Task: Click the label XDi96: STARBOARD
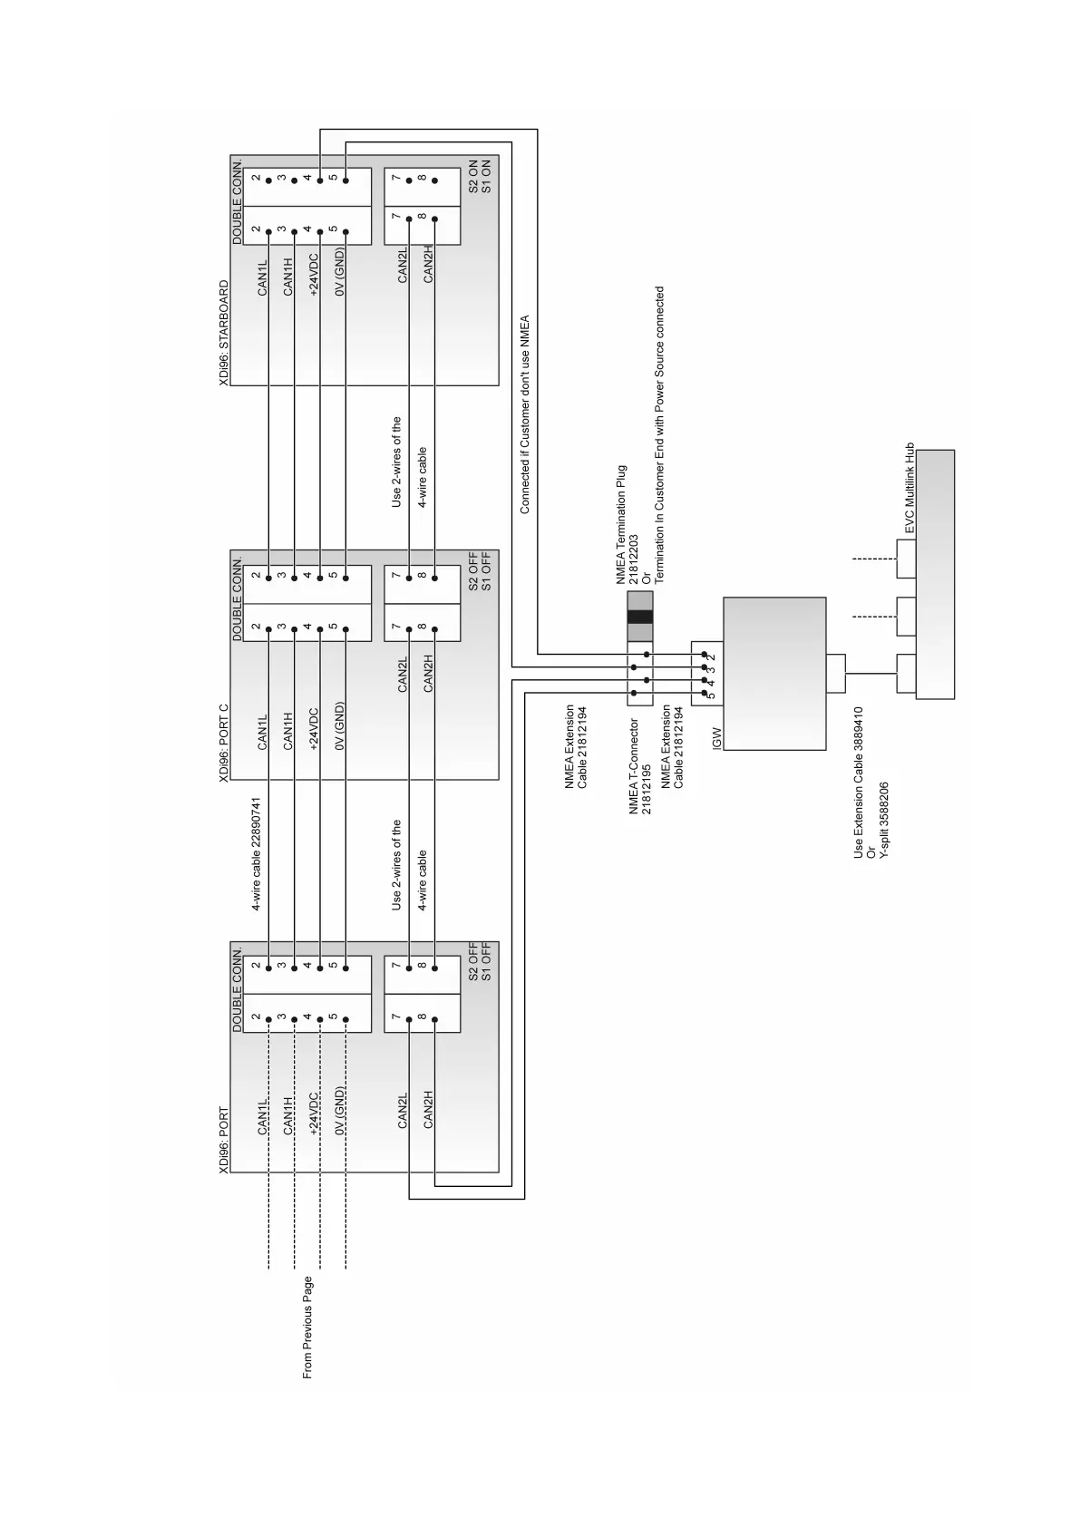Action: (x=223, y=334)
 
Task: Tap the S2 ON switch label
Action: (x=472, y=177)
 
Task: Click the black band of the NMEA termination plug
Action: (x=639, y=617)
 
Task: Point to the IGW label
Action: (x=716, y=737)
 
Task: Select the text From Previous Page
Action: (x=307, y=1328)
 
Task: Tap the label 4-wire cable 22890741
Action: (x=257, y=854)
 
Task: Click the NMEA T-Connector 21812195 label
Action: (x=640, y=766)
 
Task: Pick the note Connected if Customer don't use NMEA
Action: (x=524, y=415)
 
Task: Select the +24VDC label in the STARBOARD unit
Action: (x=314, y=275)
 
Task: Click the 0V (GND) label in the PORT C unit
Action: (x=339, y=726)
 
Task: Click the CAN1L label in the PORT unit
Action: (x=263, y=1117)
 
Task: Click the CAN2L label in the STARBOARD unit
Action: (x=403, y=264)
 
